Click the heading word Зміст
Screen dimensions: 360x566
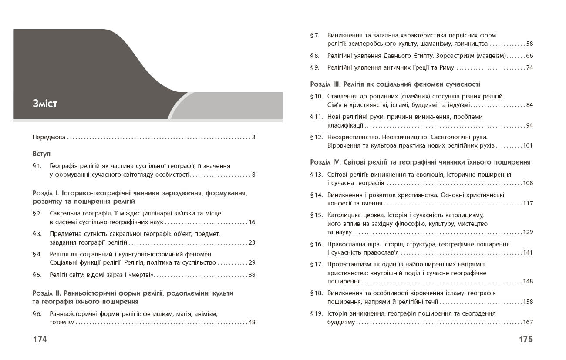45,104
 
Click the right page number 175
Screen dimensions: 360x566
526,340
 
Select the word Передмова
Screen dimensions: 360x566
49,138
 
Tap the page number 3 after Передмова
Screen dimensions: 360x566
253,138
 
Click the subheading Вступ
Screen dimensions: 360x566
41,154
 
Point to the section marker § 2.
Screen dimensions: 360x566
37,213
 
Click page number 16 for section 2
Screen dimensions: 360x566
252,222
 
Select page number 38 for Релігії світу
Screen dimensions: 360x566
252,275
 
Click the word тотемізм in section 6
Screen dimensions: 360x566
62,323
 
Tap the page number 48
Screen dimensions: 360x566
252,323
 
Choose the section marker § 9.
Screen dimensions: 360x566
315,67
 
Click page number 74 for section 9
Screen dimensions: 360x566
529,67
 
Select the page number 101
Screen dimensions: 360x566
528,146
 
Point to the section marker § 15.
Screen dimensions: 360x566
316,215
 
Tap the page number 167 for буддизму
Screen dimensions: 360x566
528,323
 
